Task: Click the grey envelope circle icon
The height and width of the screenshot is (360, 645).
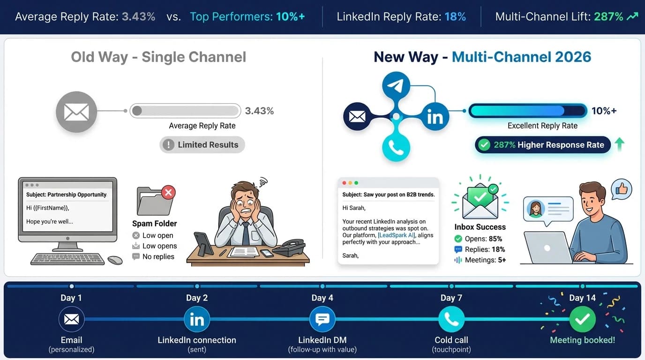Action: pyautogui.click(x=76, y=112)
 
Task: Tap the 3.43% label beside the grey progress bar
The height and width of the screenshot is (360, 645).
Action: pyautogui.click(x=259, y=111)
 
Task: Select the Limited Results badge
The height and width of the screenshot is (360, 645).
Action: pyautogui.click(x=202, y=145)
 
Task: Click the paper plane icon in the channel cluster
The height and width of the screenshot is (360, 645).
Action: pyautogui.click(x=396, y=86)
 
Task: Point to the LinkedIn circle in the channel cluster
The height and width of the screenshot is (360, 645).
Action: pyautogui.click(x=435, y=117)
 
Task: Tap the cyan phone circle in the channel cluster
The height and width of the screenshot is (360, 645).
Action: pyautogui.click(x=396, y=148)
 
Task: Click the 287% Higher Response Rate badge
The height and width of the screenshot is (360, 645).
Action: pyautogui.click(x=543, y=145)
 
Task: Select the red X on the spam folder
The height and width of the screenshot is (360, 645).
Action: pyautogui.click(x=168, y=192)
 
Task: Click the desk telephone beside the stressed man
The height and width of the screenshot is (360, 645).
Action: pyautogui.click(x=289, y=247)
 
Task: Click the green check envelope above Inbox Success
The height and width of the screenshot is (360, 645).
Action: pyautogui.click(x=480, y=199)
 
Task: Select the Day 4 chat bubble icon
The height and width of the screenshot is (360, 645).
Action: pyautogui.click(x=322, y=319)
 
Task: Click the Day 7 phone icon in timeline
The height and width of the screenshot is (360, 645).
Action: pyautogui.click(x=451, y=319)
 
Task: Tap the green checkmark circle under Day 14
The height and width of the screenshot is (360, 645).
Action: pyautogui.click(x=582, y=319)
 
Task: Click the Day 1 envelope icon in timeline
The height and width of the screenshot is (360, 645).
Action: pyautogui.click(x=71, y=319)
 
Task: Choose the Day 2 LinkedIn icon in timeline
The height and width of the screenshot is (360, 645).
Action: pyautogui.click(x=197, y=319)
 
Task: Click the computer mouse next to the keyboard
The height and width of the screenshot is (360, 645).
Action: pyautogui.click(x=115, y=260)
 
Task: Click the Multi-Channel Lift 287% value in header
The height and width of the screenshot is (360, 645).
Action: pyautogui.click(x=608, y=17)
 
